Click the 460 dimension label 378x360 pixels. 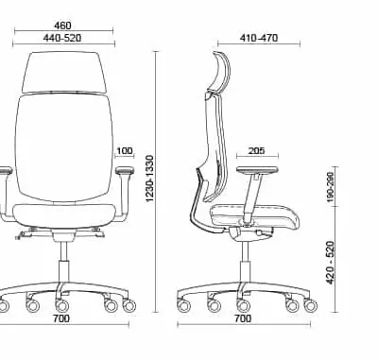pos(62,26)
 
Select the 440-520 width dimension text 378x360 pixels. pos(62,38)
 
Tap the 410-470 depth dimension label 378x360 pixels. pos(259,38)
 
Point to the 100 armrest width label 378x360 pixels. pos(125,151)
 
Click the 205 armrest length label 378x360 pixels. pos(257,151)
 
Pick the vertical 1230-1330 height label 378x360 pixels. pos(150,179)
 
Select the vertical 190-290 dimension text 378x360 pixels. pos(330,187)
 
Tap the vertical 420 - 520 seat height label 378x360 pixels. pos(330,263)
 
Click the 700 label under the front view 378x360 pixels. pos(61,318)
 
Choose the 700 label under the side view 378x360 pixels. pos(243,318)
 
